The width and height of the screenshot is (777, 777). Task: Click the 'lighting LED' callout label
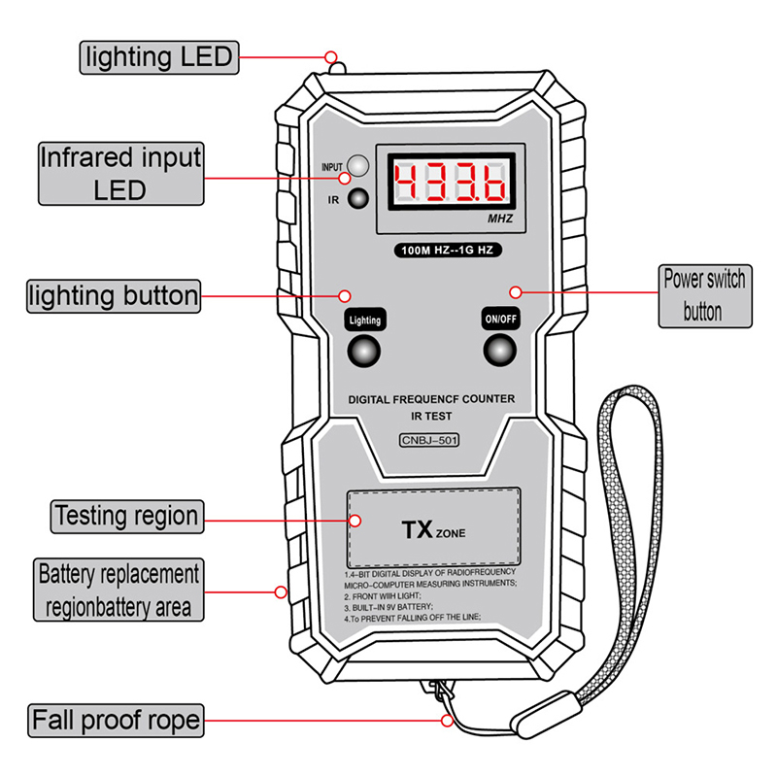tap(158, 57)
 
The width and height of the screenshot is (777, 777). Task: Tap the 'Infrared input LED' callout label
tap(121, 173)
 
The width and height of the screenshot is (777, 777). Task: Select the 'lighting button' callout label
tap(114, 295)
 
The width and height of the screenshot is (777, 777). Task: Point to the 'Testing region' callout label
tap(126, 515)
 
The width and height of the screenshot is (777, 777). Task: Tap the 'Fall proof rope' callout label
tap(116, 721)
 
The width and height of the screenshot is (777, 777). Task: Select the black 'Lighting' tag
tap(365, 319)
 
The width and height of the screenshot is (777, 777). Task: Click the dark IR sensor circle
tap(360, 199)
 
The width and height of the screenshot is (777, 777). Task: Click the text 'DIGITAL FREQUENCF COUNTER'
tap(431, 399)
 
